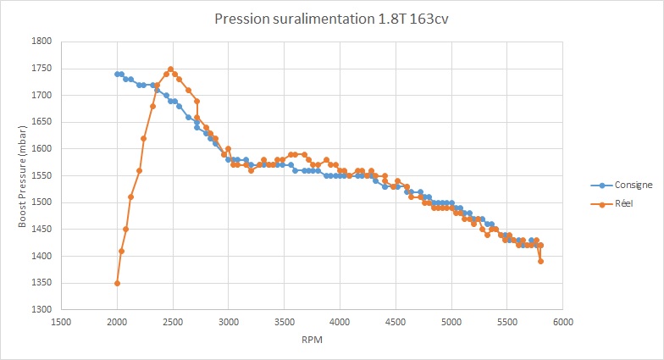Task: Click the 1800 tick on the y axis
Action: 41,42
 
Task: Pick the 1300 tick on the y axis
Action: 41,310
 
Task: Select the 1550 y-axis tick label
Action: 41,175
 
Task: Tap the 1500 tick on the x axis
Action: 61,322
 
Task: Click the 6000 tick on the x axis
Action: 563,322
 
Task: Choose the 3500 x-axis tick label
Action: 284,322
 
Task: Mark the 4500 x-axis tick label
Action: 396,322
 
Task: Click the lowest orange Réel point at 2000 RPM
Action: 117,283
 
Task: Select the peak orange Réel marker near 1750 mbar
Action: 170,69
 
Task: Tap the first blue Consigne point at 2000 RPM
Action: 117,74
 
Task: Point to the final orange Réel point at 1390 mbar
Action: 540,261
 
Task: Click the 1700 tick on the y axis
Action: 41,95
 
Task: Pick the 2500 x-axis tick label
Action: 173,322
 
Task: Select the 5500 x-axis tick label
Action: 507,322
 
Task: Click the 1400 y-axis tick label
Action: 41,256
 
